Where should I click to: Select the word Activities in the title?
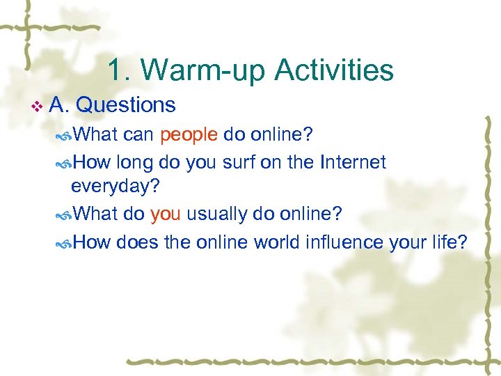[x=334, y=70]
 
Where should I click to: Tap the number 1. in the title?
[x=119, y=70]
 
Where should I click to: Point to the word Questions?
[x=125, y=105]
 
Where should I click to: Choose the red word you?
[x=165, y=213]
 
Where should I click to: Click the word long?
[x=136, y=162]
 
